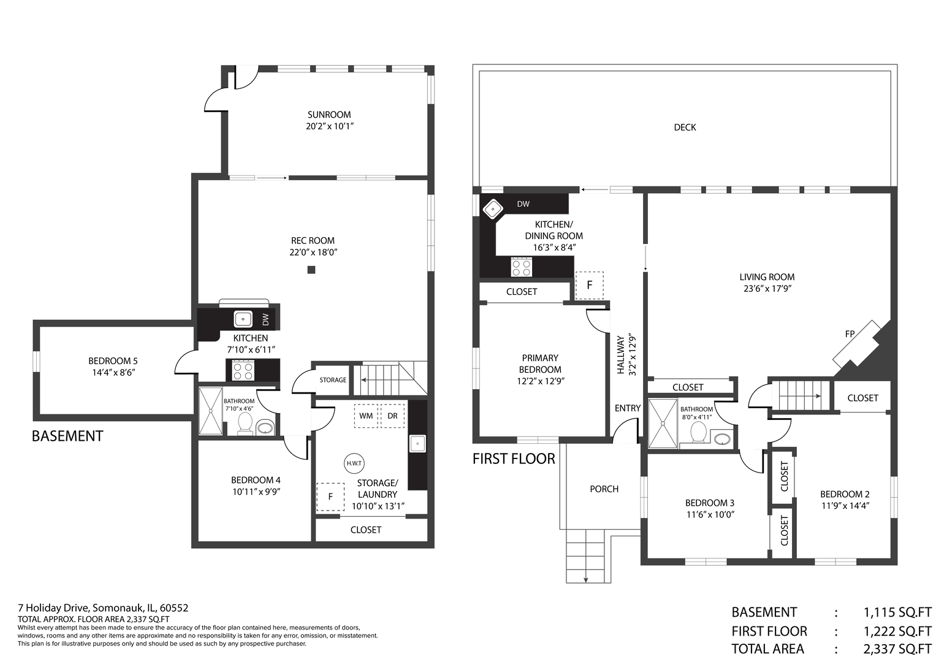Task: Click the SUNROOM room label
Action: (x=329, y=115)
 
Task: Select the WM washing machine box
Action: (x=366, y=416)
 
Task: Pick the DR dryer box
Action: (x=392, y=416)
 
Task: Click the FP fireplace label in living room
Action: (x=850, y=334)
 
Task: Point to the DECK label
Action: (x=685, y=127)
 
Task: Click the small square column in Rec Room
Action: (x=311, y=270)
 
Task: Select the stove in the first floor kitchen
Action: (x=522, y=267)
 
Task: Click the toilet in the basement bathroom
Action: (x=245, y=424)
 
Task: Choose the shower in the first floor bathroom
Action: (x=663, y=424)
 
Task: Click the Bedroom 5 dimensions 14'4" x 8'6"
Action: (x=113, y=373)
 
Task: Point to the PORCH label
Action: (x=604, y=489)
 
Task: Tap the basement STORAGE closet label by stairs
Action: (x=333, y=380)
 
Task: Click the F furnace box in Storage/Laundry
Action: (x=330, y=497)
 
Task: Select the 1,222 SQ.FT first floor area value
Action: (x=898, y=631)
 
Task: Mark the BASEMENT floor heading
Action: (x=67, y=436)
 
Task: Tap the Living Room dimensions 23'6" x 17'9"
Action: (x=767, y=288)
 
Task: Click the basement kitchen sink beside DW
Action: (x=243, y=319)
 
